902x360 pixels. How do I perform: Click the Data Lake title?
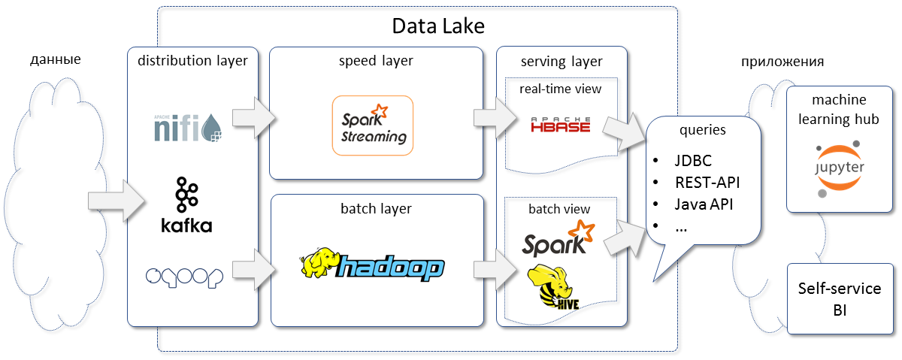[439, 26]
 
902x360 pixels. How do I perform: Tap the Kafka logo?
[186, 205]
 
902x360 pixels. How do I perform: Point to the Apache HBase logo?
[560, 125]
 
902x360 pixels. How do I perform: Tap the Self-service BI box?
[840, 298]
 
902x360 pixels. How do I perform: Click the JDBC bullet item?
[692, 161]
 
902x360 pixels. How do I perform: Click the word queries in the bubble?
[703, 129]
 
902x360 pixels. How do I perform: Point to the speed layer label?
[377, 61]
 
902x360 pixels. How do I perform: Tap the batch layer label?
[376, 207]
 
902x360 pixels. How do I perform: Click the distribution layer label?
[192, 61]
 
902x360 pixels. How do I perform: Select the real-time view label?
[561, 89]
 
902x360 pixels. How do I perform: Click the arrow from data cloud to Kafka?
[117, 201]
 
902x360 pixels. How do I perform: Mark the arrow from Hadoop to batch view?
[493, 271]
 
